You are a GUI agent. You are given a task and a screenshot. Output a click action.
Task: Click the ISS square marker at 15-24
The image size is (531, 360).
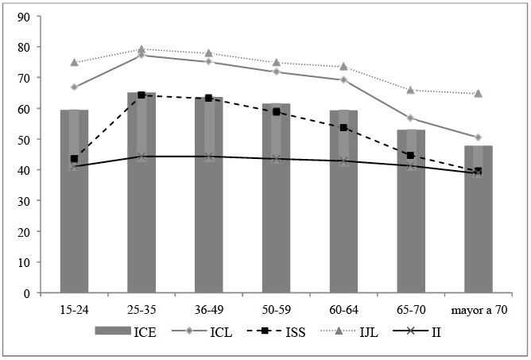coord(74,159)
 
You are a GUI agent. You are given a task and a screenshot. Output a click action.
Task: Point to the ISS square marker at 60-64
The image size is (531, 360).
coord(343,128)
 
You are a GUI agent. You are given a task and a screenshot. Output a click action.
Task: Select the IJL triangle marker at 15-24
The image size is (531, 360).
coord(74,62)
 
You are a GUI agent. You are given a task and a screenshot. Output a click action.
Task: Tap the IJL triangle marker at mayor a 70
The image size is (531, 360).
coord(478,94)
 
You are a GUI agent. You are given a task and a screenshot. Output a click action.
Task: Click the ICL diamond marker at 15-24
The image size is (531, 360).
coord(74,87)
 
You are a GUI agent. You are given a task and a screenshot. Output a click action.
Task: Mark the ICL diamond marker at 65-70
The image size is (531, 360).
coord(411,118)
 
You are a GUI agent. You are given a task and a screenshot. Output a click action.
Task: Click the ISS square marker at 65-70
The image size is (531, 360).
coord(411,156)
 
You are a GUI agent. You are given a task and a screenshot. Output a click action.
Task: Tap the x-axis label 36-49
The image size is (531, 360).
coord(209,307)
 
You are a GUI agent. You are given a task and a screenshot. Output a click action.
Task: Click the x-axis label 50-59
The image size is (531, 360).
coord(276,307)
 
